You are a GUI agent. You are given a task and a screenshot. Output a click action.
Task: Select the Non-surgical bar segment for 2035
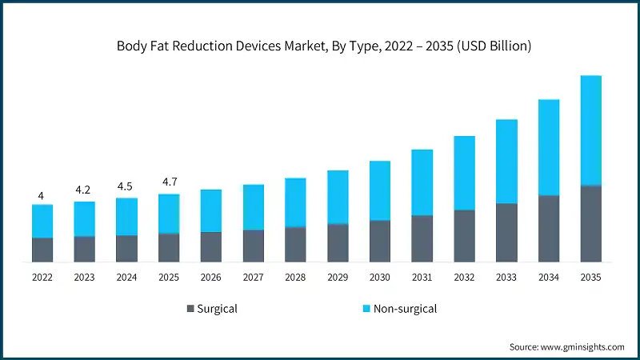(590, 130)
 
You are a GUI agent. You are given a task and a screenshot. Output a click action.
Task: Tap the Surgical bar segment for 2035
(590, 223)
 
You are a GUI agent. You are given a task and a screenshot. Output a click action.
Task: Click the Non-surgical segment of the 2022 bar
(42, 221)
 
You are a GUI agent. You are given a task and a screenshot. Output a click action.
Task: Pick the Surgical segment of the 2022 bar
(42, 250)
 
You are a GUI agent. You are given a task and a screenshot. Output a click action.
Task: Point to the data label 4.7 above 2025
(169, 182)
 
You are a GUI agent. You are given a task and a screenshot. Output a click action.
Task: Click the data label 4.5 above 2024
(126, 186)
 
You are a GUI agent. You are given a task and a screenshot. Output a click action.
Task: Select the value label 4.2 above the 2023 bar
(84, 190)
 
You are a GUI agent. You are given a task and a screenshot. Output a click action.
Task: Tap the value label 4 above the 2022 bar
(42, 194)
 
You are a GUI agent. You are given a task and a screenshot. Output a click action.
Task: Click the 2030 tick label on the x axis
(380, 278)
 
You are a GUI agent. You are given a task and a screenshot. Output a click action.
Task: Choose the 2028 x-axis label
(295, 278)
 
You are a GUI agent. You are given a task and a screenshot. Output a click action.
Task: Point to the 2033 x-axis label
(506, 278)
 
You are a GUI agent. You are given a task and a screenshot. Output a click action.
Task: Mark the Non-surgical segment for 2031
(422, 182)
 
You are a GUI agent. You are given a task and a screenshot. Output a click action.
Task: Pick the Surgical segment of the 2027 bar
(253, 246)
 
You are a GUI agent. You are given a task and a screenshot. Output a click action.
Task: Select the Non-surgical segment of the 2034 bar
(549, 147)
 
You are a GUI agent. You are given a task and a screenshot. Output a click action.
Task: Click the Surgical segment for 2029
(338, 242)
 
